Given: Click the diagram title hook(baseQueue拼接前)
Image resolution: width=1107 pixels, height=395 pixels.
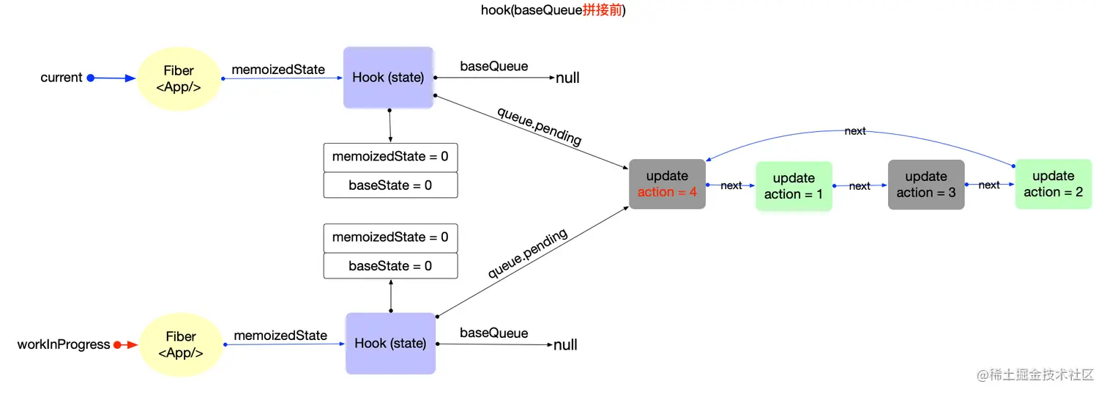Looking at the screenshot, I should [553, 10].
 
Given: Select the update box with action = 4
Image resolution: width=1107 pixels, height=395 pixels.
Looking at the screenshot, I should [667, 184].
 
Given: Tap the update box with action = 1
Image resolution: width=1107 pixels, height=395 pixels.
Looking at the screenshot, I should [794, 186].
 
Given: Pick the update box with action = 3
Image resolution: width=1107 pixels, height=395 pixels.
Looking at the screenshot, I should [926, 185].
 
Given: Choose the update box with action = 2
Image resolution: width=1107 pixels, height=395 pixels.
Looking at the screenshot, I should [1053, 184].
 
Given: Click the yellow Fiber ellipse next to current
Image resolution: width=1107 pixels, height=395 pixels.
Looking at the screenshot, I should [179, 78].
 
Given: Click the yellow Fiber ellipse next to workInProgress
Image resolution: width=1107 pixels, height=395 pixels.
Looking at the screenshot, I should [180, 344].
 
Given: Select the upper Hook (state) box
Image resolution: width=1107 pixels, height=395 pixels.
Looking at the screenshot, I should [389, 78].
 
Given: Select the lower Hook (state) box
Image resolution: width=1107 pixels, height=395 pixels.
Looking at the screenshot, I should [390, 343].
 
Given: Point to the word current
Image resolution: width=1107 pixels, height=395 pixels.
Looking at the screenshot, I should [61, 78].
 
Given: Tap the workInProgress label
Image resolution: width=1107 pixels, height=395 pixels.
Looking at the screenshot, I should [64, 344].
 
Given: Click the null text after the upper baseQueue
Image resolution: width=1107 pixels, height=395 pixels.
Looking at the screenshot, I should [567, 78].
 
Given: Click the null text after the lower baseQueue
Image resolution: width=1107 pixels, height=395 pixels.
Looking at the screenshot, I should [565, 344].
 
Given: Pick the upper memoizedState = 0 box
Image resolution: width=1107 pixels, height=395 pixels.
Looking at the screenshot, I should [390, 157].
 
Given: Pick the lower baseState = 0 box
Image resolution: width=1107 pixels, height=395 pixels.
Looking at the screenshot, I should [390, 265].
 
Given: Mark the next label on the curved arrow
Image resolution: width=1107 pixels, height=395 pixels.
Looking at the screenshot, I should [854, 131].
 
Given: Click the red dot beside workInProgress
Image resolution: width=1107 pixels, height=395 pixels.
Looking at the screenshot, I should [117, 344].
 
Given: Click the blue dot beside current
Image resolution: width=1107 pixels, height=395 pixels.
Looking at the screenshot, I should [91, 78].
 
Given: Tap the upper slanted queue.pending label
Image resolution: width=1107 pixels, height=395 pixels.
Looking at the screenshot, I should [539, 126].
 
